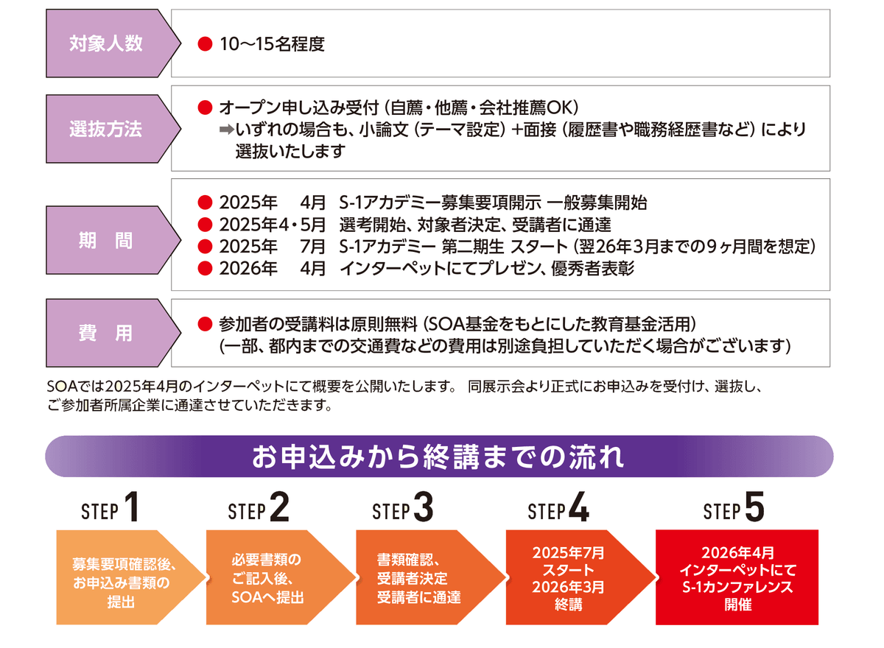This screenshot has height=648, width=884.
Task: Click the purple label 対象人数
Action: (106, 43)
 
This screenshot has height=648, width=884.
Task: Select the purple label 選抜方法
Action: (106, 128)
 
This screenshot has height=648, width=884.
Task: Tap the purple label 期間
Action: (106, 241)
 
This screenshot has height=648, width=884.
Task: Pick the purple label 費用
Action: (106, 332)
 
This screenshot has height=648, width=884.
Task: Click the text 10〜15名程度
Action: (272, 44)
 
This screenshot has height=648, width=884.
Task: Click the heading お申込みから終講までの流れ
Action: (439, 457)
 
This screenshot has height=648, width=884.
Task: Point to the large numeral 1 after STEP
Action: (132, 507)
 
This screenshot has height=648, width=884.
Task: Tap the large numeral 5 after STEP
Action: (754, 507)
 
